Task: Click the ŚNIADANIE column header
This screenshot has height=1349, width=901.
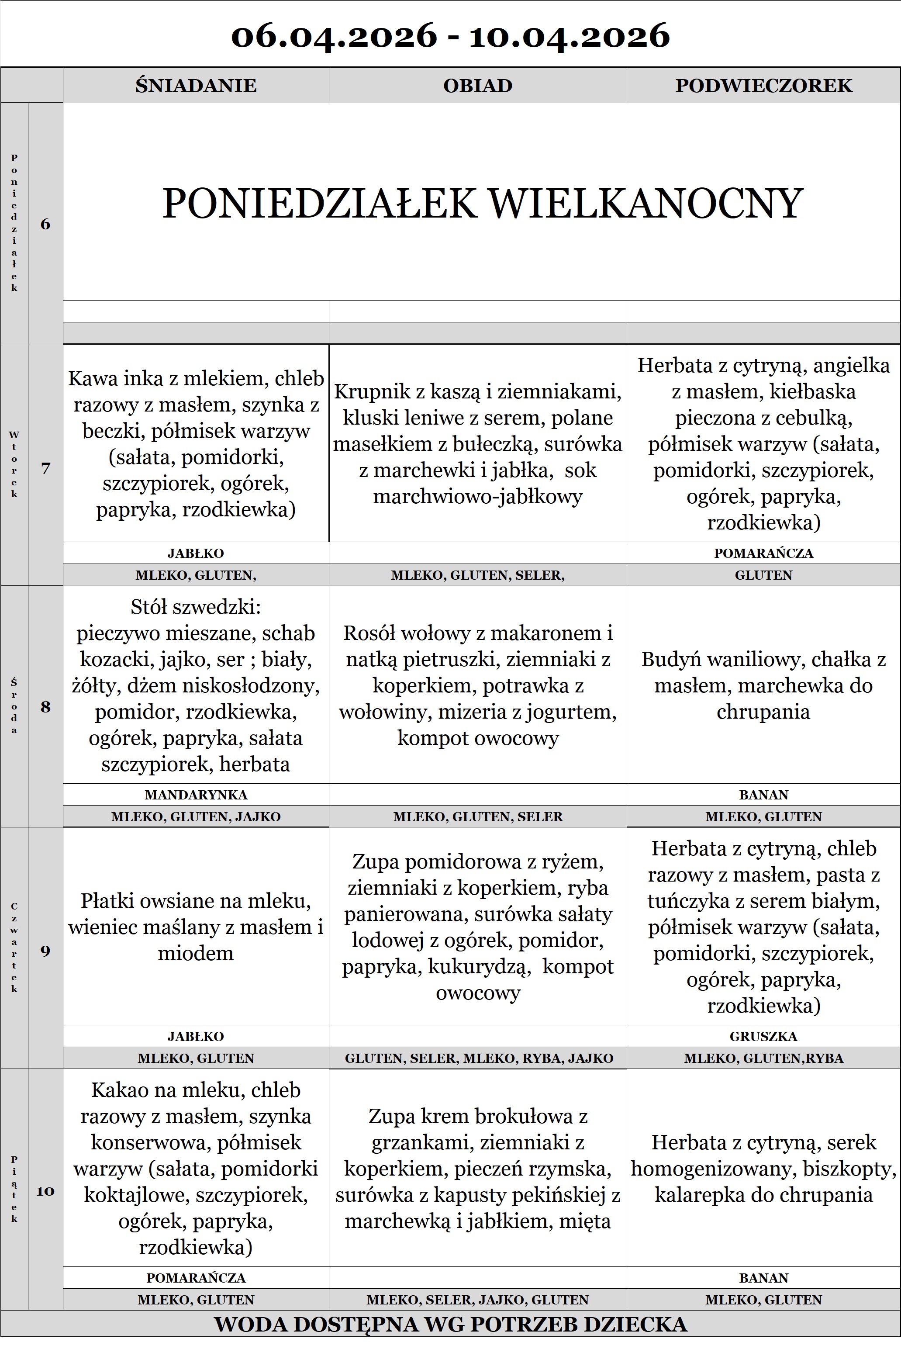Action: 196,86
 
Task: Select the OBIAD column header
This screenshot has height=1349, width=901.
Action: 477,86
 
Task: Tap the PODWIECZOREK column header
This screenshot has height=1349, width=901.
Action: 763,86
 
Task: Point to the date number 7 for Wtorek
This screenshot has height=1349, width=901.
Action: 45,468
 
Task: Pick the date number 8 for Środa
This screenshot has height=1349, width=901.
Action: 45,707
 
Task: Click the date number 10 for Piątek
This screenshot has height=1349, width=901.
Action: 45,1191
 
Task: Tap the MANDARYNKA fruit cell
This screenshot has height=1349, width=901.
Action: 196,795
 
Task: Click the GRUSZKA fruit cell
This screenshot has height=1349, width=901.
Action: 763,1036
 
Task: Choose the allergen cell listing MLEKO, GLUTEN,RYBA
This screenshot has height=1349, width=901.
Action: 763,1058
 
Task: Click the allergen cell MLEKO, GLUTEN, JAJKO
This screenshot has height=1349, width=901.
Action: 196,817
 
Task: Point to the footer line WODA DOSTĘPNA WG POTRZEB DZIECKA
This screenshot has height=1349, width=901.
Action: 451,1324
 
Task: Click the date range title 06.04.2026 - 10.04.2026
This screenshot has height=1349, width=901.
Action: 451,36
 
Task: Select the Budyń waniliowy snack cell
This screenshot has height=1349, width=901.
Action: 763,685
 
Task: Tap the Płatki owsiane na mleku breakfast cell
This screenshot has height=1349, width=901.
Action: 196,927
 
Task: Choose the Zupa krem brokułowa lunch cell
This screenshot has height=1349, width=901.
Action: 477,1169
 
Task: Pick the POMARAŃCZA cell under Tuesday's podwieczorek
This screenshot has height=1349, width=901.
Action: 763,553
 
